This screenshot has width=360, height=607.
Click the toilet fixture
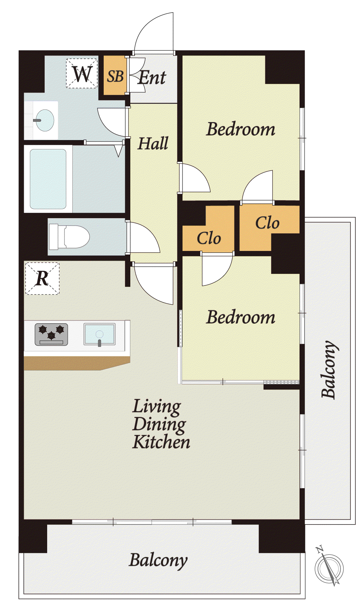click(69, 237)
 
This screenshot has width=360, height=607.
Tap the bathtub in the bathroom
click(48, 179)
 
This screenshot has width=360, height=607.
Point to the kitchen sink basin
click(99, 334)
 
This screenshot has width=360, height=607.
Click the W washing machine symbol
click(82, 73)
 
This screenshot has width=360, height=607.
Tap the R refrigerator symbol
click(42, 278)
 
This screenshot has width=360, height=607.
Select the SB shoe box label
click(116, 76)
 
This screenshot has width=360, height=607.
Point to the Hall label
click(153, 143)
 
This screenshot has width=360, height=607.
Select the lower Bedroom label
click(240, 317)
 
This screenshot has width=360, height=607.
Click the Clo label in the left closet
click(208, 238)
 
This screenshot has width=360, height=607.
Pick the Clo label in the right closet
click(267, 223)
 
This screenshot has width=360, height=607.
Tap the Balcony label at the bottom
click(158, 559)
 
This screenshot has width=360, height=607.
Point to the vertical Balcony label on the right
click(329, 369)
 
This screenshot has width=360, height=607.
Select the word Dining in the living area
click(159, 425)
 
